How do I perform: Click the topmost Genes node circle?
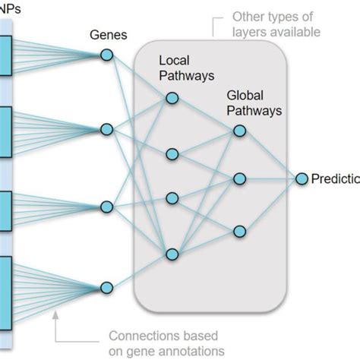(107, 55)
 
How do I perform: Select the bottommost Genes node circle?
(107, 287)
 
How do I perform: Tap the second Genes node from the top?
(107, 128)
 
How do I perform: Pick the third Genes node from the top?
(107, 207)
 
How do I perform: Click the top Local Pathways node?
(172, 97)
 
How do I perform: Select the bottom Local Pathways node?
(172, 254)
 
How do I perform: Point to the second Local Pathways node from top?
(172, 154)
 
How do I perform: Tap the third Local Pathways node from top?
(172, 199)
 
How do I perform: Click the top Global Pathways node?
(240, 131)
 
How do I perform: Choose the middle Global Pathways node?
(240, 178)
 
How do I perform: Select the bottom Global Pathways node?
(240, 231)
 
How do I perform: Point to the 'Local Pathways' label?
(186, 67)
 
